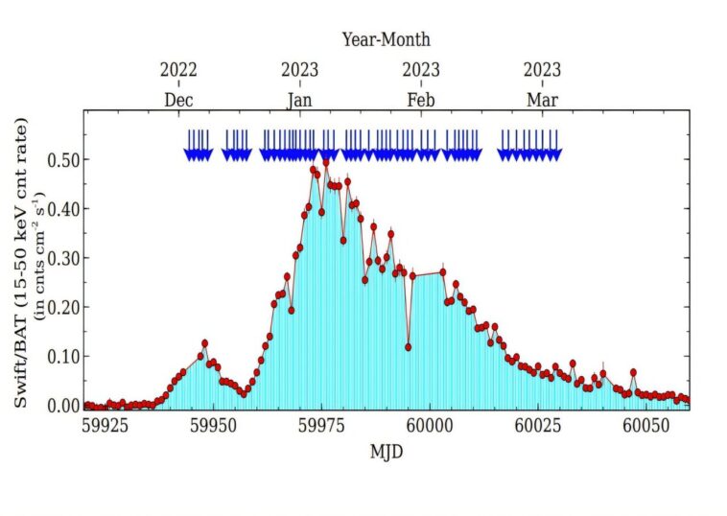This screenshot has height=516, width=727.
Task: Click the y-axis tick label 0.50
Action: click(64, 159)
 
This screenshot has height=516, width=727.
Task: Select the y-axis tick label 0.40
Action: click(64, 208)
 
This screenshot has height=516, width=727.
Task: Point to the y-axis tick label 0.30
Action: click(64, 258)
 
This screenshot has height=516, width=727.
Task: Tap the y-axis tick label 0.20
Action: click(64, 307)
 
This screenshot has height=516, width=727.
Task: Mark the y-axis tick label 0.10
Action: click(64, 357)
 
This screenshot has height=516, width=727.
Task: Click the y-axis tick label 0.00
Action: click(64, 406)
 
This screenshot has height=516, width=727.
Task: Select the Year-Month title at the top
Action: click(387, 39)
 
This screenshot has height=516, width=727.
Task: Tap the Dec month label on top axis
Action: click(178, 99)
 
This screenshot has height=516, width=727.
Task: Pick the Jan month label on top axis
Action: click(300, 99)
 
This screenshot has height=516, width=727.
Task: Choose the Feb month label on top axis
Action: click(421, 99)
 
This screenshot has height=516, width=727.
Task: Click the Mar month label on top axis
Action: click(542, 99)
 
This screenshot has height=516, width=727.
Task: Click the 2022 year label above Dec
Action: click(178, 70)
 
